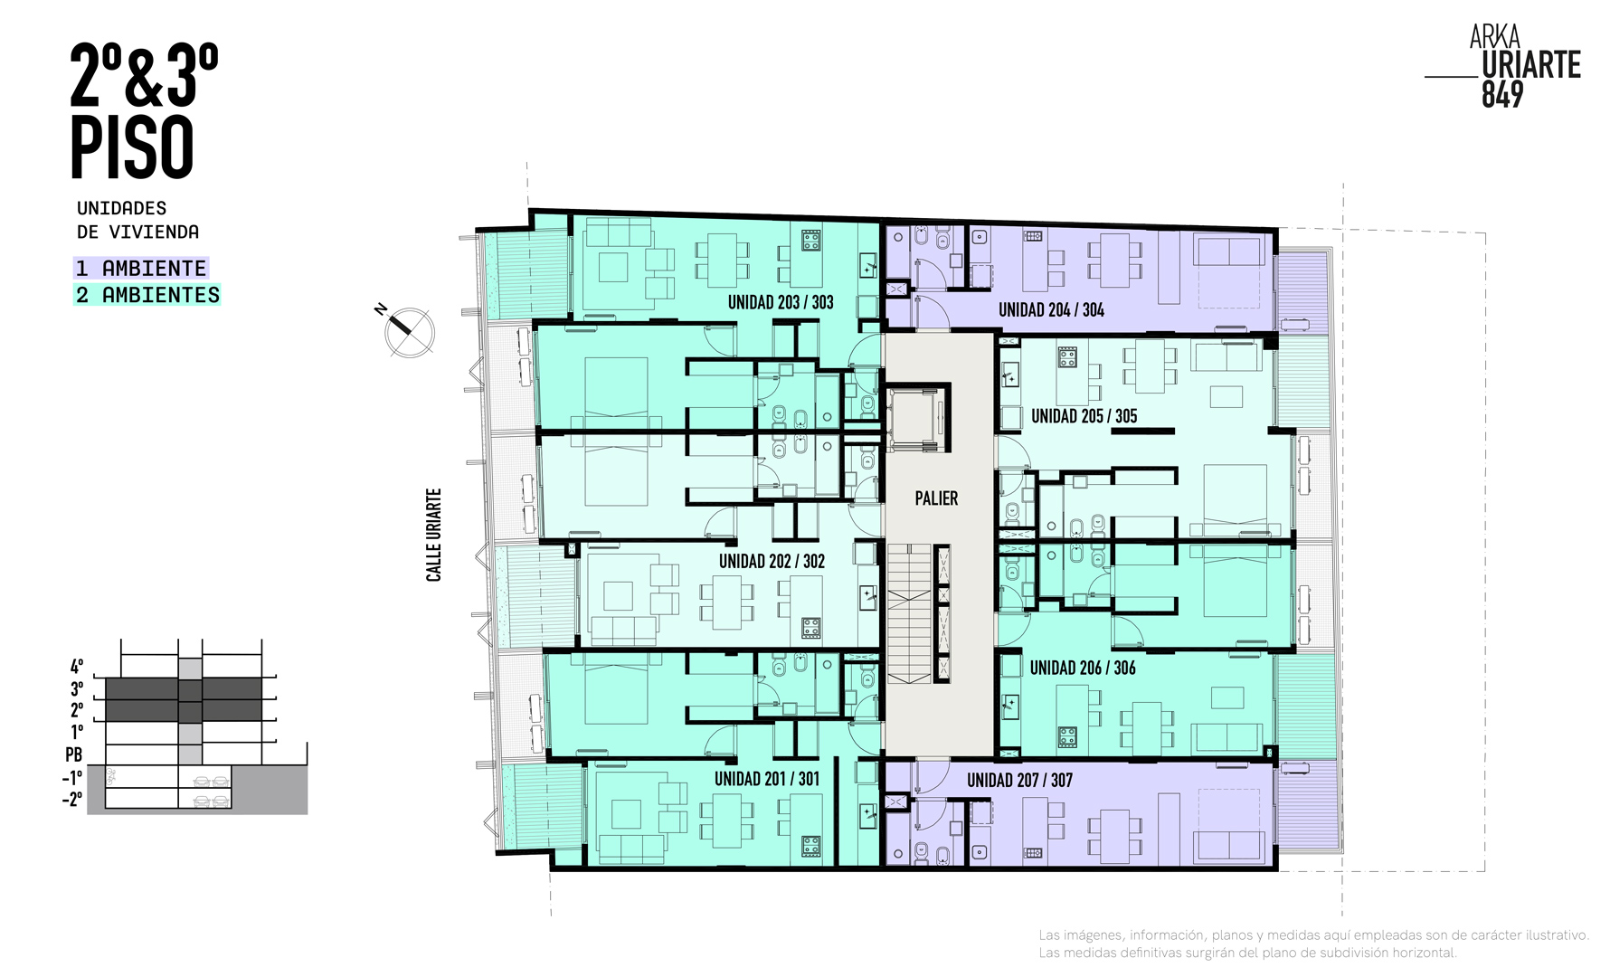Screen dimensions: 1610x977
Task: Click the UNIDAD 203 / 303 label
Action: tap(781, 302)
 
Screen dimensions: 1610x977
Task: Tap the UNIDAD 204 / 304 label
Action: tap(1051, 310)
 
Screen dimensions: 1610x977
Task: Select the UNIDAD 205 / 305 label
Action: tap(1084, 416)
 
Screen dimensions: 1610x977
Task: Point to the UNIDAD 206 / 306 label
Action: tap(1083, 668)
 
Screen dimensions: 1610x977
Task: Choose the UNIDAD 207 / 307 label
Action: tap(1019, 780)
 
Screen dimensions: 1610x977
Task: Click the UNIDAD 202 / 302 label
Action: tap(772, 561)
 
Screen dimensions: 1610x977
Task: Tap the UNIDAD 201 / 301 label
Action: tap(767, 779)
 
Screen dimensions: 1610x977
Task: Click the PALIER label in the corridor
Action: tap(936, 498)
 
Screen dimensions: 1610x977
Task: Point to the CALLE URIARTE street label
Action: tap(434, 535)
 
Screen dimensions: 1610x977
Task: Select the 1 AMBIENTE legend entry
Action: tap(141, 269)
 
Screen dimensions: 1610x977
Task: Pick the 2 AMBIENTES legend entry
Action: tap(147, 295)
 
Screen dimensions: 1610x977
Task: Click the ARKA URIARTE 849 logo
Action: tap(1503, 67)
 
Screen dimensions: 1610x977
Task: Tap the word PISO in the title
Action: tap(132, 147)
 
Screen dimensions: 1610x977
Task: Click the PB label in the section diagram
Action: tap(74, 754)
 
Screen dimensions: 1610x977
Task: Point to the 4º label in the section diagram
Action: tap(77, 667)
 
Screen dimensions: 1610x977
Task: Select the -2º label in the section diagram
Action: tap(72, 800)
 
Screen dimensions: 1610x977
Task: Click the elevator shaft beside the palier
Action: tap(917, 419)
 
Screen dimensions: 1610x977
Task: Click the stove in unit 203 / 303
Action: tap(810, 241)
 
